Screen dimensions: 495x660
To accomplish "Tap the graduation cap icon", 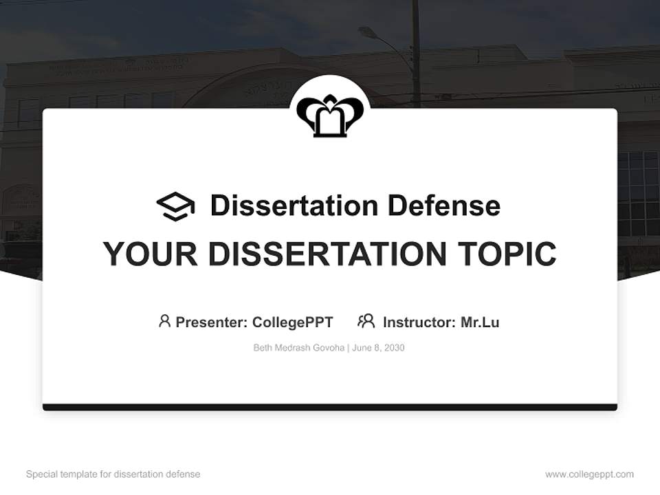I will [175, 206].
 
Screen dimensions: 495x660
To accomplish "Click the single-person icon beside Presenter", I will [164, 321].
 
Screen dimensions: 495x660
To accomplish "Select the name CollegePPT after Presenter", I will [293, 322].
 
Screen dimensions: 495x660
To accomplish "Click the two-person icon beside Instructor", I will [366, 321].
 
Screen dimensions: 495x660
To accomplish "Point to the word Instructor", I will [419, 322].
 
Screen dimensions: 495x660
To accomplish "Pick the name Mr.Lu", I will [480, 322].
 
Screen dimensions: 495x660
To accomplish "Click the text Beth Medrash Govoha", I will [299, 348].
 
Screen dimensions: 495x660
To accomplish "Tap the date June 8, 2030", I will [379, 348].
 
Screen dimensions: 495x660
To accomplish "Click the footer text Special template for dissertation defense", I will [113, 474].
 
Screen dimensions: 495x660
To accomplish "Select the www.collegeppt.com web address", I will [589, 474].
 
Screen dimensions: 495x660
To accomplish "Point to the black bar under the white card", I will [330, 407].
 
